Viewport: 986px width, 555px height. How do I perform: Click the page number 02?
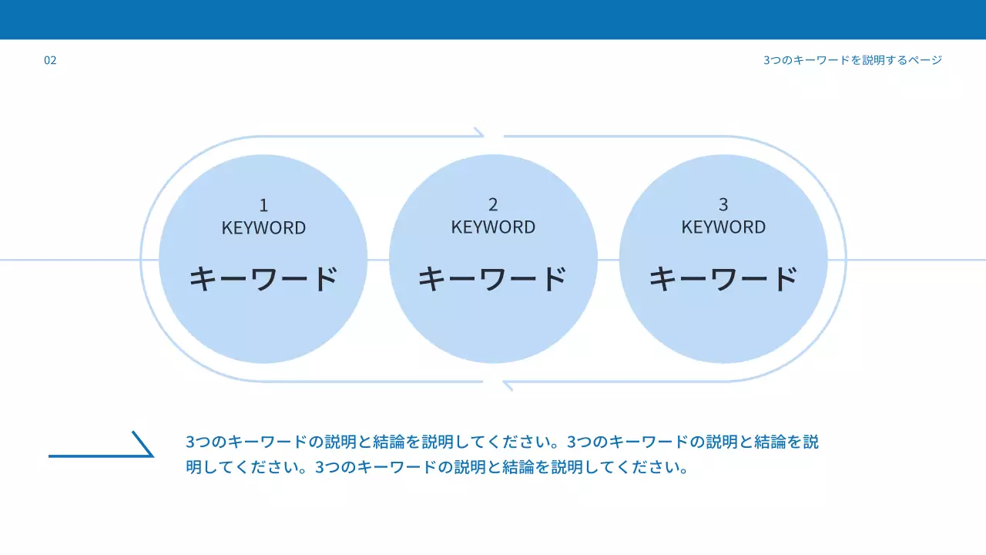[x=50, y=60]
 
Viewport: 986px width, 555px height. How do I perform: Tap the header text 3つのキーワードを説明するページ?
[x=853, y=60]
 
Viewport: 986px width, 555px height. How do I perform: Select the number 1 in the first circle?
[x=263, y=206]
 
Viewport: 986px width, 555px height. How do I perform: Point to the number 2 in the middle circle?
[x=493, y=205]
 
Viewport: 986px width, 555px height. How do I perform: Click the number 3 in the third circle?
[x=723, y=205]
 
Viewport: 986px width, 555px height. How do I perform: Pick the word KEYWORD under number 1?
[x=263, y=228]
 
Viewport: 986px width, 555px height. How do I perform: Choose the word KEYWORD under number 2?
[x=493, y=227]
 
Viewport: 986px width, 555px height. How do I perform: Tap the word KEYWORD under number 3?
[x=723, y=227]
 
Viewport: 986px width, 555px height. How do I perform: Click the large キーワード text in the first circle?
[x=263, y=278]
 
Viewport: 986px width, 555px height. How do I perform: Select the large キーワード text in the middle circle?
[x=493, y=278]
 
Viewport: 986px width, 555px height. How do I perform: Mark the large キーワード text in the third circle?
[x=723, y=278]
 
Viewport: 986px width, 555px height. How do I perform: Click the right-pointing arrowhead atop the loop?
[x=479, y=133]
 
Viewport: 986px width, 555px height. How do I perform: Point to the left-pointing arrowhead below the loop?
[x=507, y=384]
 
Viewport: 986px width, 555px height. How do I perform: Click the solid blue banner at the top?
[x=493, y=19]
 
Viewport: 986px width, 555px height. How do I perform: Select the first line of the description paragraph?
[x=501, y=442]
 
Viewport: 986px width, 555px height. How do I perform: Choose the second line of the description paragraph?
[x=436, y=468]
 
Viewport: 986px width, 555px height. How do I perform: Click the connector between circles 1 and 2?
[x=378, y=260]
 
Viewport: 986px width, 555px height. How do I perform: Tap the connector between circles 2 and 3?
[x=609, y=260]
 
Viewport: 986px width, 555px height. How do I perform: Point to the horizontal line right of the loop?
[x=917, y=260]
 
